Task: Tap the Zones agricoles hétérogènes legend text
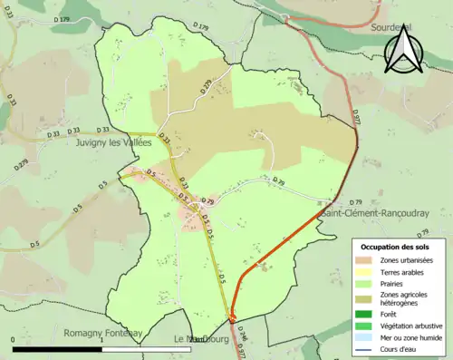[x=416, y=298]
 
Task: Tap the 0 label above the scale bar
[x=13, y=340]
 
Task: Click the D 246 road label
[x=243, y=337]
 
